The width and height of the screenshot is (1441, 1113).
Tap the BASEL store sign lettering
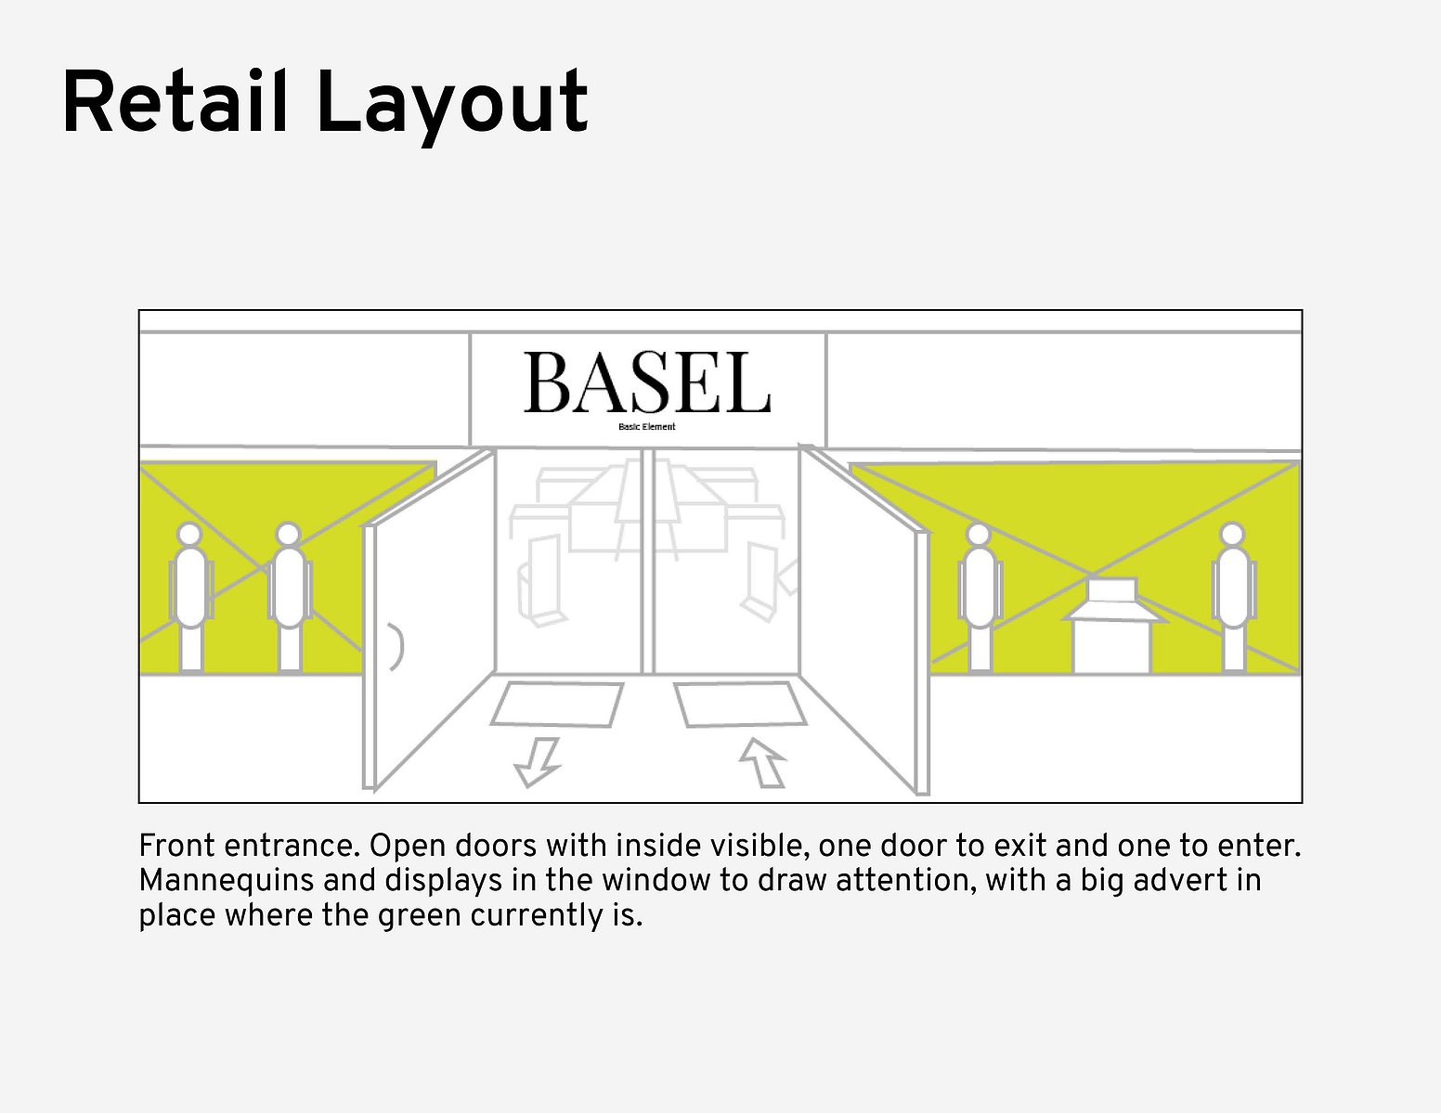[647, 382]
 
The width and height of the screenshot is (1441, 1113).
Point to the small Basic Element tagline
[646, 427]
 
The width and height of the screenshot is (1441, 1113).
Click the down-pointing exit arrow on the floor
[538, 762]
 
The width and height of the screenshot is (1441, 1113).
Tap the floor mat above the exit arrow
[557, 704]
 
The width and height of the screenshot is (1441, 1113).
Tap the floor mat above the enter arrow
[741, 704]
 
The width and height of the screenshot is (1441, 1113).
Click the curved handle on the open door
[398, 646]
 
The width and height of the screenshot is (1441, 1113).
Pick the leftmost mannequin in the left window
[191, 598]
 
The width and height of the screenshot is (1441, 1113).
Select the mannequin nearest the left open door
[289, 598]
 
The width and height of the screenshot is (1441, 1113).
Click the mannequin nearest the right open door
[980, 598]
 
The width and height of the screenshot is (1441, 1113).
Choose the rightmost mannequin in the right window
[1233, 598]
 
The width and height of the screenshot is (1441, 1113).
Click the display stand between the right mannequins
[1111, 626]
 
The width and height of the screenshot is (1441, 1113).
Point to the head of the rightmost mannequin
[1233, 535]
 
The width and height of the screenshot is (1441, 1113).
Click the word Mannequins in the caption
[221, 881]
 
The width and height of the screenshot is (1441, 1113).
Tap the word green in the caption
[419, 917]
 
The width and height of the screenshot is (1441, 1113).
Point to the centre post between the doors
[648, 562]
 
